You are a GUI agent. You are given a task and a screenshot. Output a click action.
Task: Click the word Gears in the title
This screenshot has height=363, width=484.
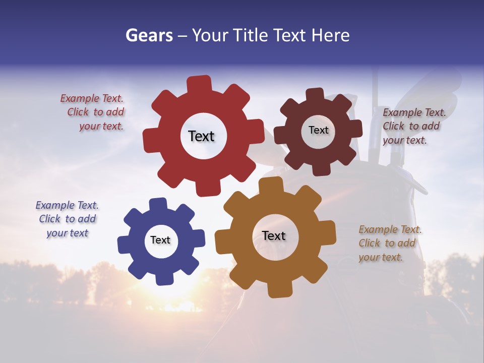pos(149,35)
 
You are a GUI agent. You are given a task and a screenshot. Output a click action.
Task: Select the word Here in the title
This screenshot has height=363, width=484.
pos(331,35)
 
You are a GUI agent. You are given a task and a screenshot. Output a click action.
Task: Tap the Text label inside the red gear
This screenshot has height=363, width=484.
pos(201,136)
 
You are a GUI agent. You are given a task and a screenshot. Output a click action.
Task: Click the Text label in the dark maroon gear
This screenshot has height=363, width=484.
pos(318,130)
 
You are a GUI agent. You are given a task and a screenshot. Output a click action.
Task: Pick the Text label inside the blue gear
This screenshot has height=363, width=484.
pos(160,240)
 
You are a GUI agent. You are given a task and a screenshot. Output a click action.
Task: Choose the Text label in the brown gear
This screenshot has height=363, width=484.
pos(274,235)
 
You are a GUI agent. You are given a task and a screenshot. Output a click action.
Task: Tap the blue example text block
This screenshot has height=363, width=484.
pos(67,219)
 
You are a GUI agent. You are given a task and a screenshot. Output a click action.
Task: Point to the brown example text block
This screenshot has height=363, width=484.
pos(389,243)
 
